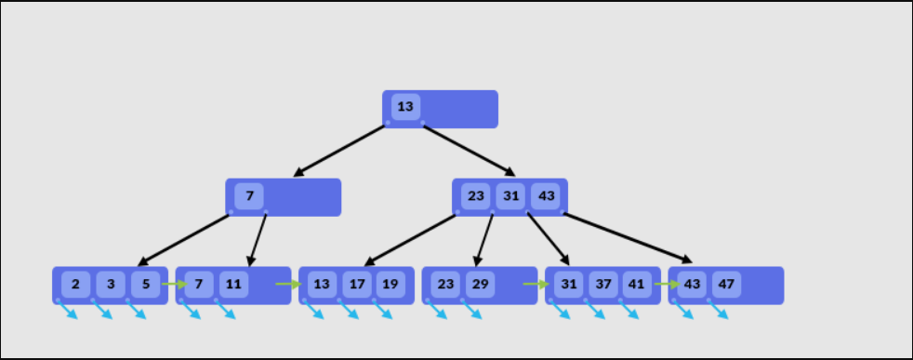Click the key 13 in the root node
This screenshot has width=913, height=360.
point(405,107)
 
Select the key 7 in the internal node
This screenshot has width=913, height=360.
point(249,196)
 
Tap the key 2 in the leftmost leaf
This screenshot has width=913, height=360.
point(76,284)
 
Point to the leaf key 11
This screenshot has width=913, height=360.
point(233,284)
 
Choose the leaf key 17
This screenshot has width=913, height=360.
point(356,284)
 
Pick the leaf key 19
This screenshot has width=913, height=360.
point(390,284)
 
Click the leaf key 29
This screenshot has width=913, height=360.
point(479,284)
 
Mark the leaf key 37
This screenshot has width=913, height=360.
point(602,284)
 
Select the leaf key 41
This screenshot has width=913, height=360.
point(636,284)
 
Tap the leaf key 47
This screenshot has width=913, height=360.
point(726,284)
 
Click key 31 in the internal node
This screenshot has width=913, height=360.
point(509,196)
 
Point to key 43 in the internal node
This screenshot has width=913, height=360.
point(546,196)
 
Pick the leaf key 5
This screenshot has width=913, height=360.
point(145,284)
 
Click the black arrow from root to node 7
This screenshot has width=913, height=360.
point(339,150)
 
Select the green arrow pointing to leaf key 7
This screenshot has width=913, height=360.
point(174,284)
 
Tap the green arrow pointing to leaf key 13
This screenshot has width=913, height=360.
point(289,284)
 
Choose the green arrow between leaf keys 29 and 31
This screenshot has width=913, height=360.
point(536,284)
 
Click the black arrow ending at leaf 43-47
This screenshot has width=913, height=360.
point(628,238)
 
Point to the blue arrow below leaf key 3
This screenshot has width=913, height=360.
point(102,310)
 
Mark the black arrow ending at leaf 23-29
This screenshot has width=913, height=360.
point(483,240)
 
